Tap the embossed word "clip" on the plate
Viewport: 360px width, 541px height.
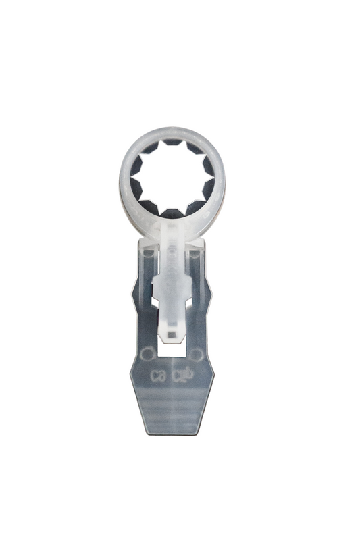tap(184, 373)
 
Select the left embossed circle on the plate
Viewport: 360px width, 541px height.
tap(146, 353)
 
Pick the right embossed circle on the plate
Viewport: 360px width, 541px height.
tap(195, 353)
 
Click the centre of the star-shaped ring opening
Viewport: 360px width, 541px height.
tap(172, 177)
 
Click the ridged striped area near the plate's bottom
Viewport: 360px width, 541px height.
tap(172, 408)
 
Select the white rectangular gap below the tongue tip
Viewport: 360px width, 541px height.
tap(172, 347)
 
